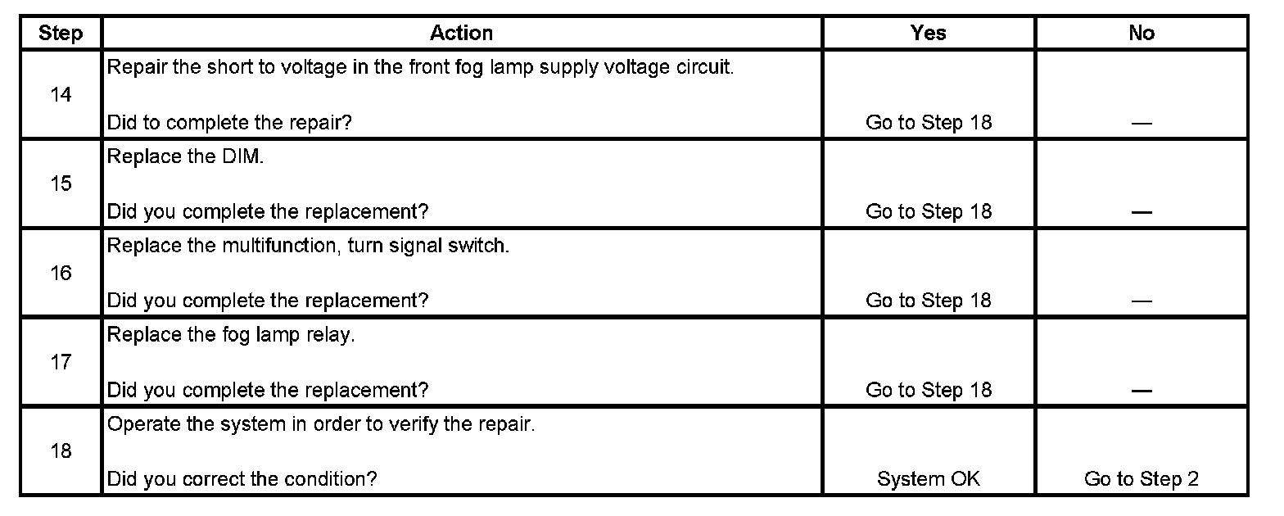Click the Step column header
pyautogui.click(x=61, y=33)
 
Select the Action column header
pyautogui.click(x=461, y=33)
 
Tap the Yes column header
pyautogui.click(x=928, y=33)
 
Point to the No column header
pyautogui.click(x=1141, y=33)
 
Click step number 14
pyautogui.click(x=61, y=95)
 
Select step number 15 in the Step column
pyautogui.click(x=61, y=184)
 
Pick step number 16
pyautogui.click(x=61, y=274)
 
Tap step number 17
pyautogui.click(x=61, y=362)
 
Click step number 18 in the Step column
pyautogui.click(x=61, y=451)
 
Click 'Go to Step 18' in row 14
pyautogui.click(x=928, y=123)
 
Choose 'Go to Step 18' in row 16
pyautogui.click(x=928, y=301)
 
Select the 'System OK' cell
pyautogui.click(x=928, y=479)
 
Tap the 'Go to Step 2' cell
pyautogui.click(x=1141, y=479)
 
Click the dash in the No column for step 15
pyautogui.click(x=1141, y=212)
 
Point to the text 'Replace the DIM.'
pyautogui.click(x=186, y=157)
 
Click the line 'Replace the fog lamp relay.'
pyautogui.click(x=231, y=336)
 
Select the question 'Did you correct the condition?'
pyautogui.click(x=242, y=479)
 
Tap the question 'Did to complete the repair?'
pyautogui.click(x=230, y=123)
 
